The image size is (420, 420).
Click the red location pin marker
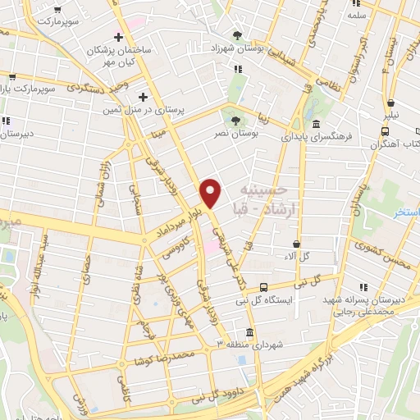click(x=211, y=193)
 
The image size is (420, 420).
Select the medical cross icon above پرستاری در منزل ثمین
click(x=143, y=96)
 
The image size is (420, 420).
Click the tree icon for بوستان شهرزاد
click(x=237, y=34)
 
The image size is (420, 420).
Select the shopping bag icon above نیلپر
click(x=391, y=103)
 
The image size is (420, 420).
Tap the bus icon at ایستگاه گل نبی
click(x=263, y=287)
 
